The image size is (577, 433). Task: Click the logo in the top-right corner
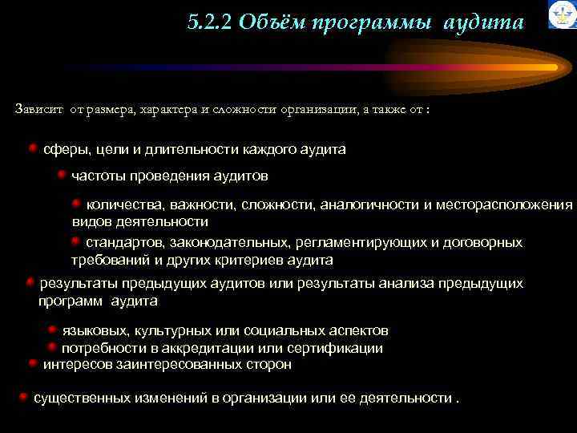(x=562, y=14)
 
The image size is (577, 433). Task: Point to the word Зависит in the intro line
(x=38, y=108)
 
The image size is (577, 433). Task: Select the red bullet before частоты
(x=61, y=173)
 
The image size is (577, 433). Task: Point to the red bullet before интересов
(x=32, y=362)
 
